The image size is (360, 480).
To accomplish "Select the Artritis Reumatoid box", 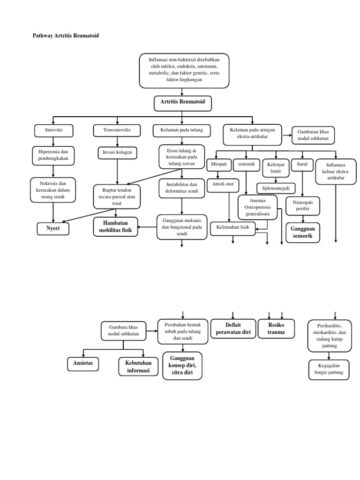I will coord(182,102).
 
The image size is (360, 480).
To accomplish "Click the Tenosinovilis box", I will coord(117,129).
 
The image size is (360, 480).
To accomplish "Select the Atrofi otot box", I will coord(223,184).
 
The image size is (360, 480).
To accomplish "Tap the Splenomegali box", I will coord(276,188).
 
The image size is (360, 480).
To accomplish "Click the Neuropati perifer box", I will coord(302,205).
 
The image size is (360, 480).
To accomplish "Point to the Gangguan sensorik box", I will coord(302,232).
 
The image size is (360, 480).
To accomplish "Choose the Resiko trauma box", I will coord(276,328).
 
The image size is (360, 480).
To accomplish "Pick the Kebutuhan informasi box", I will coord(139,367).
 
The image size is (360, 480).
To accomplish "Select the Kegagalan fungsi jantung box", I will coord(329,369).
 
